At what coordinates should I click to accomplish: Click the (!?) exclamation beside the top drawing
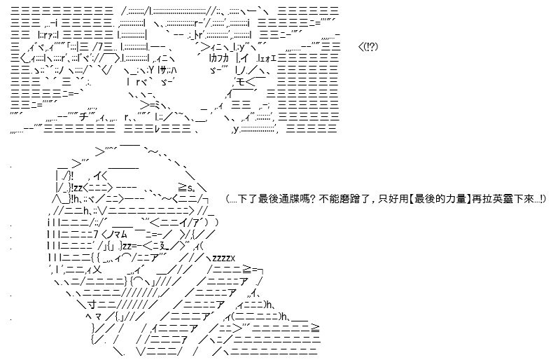[370, 46]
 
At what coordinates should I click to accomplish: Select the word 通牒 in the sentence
[288, 199]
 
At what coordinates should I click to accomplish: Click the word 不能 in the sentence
[328, 199]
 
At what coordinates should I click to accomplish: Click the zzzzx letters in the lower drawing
[223, 258]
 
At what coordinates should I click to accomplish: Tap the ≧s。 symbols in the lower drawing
[186, 187]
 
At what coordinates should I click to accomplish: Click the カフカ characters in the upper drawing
[219, 58]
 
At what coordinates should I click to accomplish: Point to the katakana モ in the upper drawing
[241, 81]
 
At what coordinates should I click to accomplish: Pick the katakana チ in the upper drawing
[85, 117]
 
